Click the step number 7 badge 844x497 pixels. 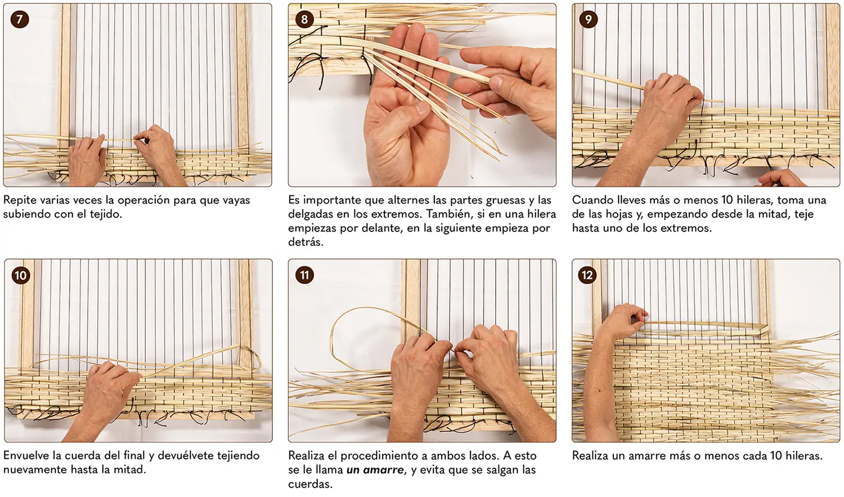[x=20, y=19]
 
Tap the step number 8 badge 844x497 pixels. [x=304, y=19]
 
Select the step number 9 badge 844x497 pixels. [x=588, y=19]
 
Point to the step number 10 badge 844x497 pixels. [x=21, y=275]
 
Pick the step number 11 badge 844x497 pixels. [x=304, y=275]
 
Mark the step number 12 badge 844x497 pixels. [x=587, y=275]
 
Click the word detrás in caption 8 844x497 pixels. [x=306, y=242]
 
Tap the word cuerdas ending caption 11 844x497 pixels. [x=310, y=484]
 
